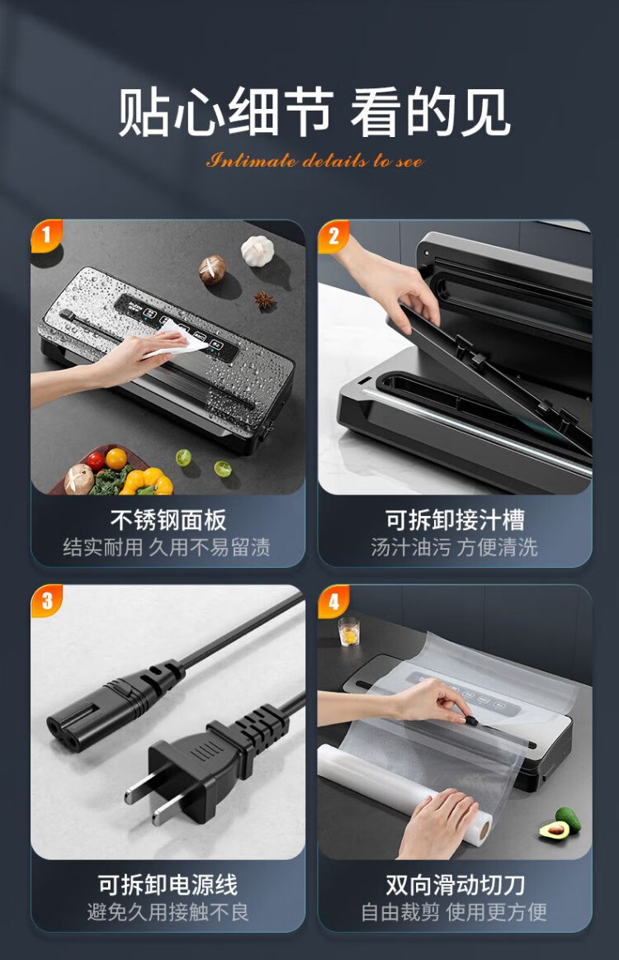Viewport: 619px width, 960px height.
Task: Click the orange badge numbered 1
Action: tap(46, 234)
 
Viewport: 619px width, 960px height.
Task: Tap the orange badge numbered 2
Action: tap(333, 235)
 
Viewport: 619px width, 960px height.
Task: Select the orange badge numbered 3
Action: tap(46, 600)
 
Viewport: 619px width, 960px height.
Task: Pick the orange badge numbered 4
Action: tap(333, 601)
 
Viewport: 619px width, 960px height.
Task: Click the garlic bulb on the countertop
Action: tap(258, 250)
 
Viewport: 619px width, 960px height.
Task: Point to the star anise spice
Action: tap(264, 300)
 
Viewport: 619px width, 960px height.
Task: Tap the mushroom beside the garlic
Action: tap(212, 269)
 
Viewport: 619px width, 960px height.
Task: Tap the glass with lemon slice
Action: tap(348, 631)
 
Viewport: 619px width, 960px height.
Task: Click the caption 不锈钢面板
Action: tap(168, 520)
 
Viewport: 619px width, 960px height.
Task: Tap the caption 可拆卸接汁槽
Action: tap(455, 520)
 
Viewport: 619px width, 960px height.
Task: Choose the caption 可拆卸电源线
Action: tap(168, 885)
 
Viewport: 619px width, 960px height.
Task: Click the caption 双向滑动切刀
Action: tap(455, 885)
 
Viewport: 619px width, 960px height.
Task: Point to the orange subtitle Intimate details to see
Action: tap(314, 161)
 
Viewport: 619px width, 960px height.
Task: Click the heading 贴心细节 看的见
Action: tap(314, 111)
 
